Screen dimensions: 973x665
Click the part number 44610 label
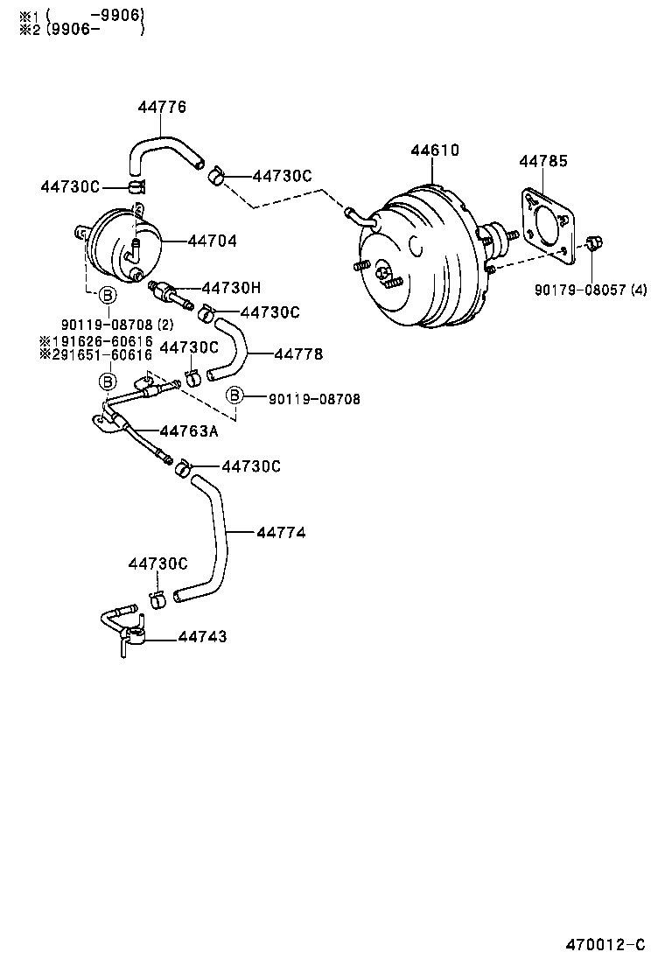(435, 151)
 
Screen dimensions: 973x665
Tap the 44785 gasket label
(542, 161)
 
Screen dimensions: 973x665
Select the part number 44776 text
(162, 108)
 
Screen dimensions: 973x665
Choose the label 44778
(298, 354)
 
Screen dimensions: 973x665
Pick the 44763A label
(188, 430)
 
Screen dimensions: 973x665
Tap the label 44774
(281, 532)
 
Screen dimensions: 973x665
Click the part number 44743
(202, 637)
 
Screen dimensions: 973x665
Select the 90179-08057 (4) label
(591, 290)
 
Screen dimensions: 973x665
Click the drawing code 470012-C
(604, 944)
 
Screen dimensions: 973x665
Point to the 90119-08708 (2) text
(116, 325)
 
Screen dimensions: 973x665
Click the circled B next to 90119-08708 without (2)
(234, 397)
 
